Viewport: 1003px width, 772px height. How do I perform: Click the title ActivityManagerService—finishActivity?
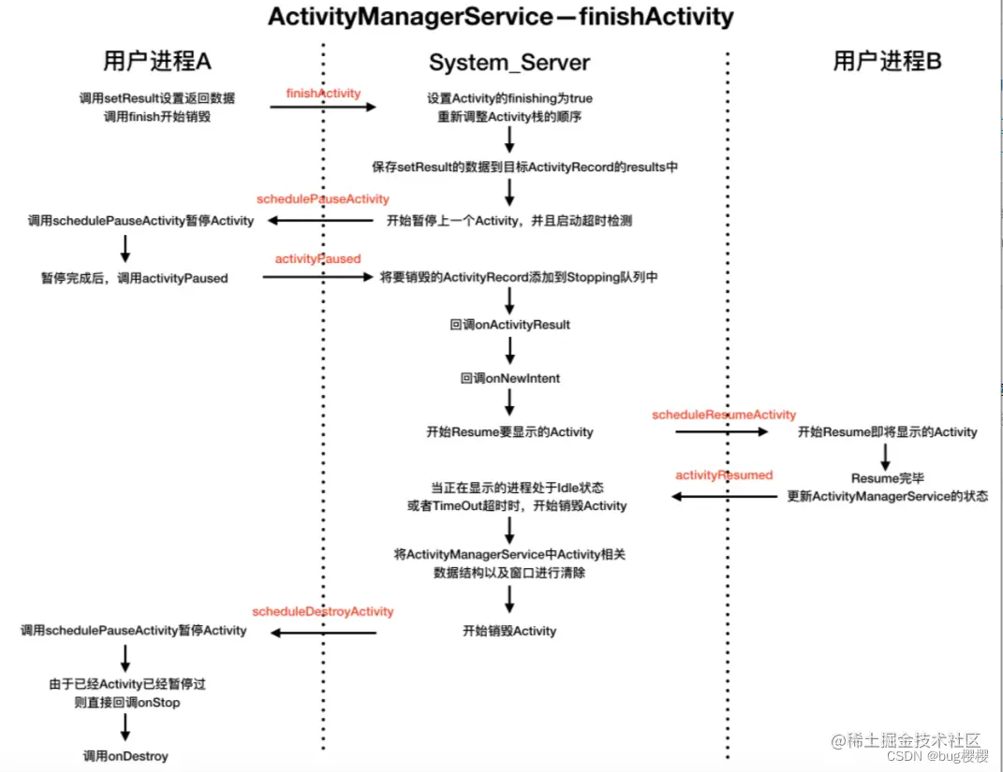[500, 17]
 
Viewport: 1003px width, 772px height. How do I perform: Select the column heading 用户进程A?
[157, 62]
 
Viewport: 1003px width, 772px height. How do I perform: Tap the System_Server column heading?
[509, 63]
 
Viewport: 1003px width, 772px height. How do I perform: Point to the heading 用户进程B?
[887, 62]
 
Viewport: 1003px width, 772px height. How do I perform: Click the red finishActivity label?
[323, 94]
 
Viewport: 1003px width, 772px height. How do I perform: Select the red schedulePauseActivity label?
[323, 199]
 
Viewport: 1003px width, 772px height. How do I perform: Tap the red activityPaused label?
[317, 258]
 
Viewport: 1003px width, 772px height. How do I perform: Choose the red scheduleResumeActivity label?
[724, 415]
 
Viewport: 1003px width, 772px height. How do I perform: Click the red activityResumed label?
[724, 475]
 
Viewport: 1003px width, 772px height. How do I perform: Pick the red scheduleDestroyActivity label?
[323, 611]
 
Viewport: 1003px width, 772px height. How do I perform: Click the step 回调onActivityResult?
[509, 325]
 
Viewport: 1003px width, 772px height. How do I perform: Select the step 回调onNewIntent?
[509, 378]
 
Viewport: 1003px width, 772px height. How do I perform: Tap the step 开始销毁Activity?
[509, 631]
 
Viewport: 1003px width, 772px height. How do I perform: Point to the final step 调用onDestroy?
[125, 756]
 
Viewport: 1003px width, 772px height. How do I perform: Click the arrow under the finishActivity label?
[323, 108]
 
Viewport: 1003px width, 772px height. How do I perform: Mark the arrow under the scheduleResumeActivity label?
[722, 431]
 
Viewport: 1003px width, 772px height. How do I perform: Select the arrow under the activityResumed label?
[724, 496]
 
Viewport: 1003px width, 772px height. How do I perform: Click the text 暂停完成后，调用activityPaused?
[134, 278]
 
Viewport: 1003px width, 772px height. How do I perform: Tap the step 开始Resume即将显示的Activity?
[887, 432]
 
